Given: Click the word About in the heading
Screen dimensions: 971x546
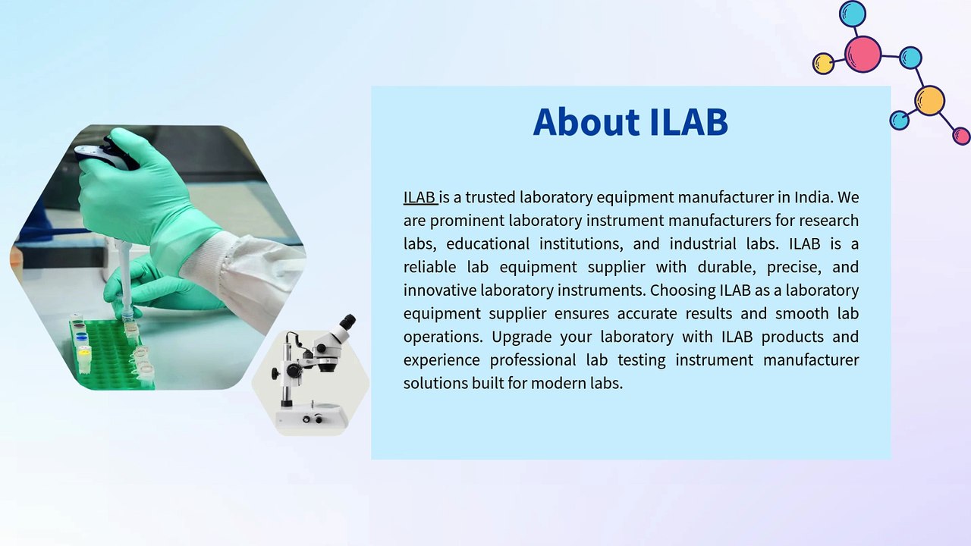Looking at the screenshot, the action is tap(586, 122).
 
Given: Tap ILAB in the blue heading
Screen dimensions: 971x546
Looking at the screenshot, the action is tap(689, 122).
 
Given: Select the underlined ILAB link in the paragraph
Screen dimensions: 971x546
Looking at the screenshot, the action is tap(420, 197).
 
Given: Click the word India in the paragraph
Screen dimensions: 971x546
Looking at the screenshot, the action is tap(814, 197).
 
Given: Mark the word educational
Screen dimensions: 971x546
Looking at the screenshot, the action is tap(488, 243).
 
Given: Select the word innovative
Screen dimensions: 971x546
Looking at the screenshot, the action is tap(440, 290).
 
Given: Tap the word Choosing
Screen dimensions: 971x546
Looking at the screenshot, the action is tap(683, 290).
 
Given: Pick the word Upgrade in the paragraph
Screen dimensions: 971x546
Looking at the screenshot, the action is tap(521, 337).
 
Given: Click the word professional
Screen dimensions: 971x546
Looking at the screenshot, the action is tap(533, 360).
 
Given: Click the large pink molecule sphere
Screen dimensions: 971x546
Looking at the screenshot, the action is tap(863, 54).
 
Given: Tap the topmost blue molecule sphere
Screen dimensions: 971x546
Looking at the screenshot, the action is tap(853, 14).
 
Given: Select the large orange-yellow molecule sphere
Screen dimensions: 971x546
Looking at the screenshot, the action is tap(929, 101).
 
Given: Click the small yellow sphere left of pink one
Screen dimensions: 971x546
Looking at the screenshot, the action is tap(823, 64).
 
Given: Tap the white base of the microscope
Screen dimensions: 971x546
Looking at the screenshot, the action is tap(312, 417).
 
